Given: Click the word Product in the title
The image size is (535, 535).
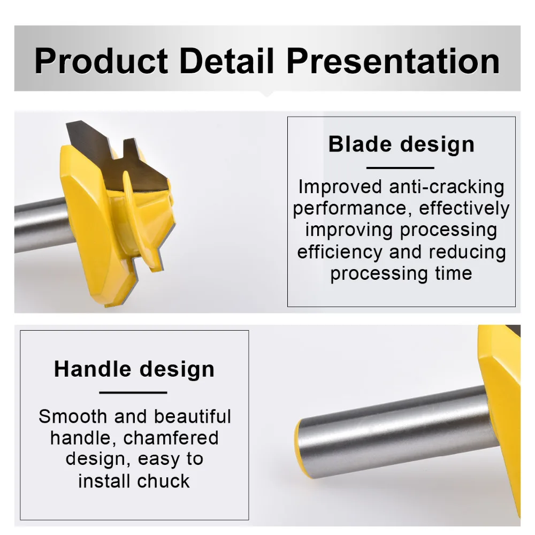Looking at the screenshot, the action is pos(101,61).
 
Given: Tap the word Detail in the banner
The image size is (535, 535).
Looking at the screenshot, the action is pos(227,61).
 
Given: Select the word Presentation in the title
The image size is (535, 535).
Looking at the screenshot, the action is pos(393,61).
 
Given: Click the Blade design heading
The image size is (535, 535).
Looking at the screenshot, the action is pos(401,144).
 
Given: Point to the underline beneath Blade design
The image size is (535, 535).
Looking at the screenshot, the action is pos(400,168).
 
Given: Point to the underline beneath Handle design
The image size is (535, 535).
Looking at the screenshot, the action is pos(133,393).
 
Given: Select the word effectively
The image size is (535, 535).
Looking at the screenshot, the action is pos(464,208).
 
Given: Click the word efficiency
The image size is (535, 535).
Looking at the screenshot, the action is pos(340,253).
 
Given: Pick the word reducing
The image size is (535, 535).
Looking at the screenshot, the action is pos(467,253).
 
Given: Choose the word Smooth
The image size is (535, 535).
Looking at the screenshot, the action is pos(73,416).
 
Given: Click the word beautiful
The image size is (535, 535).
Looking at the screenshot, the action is pos(193,416).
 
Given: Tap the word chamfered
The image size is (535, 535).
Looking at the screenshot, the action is pos(171,438).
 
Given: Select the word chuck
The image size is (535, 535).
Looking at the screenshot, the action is pos(163,481).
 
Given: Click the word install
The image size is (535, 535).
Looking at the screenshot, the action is pos(105,481).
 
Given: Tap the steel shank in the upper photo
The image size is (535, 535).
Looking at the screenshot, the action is pos(41,225).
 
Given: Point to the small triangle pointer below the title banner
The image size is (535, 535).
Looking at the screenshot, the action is pos(267,94).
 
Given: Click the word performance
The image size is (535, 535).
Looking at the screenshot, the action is pos(351,209).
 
